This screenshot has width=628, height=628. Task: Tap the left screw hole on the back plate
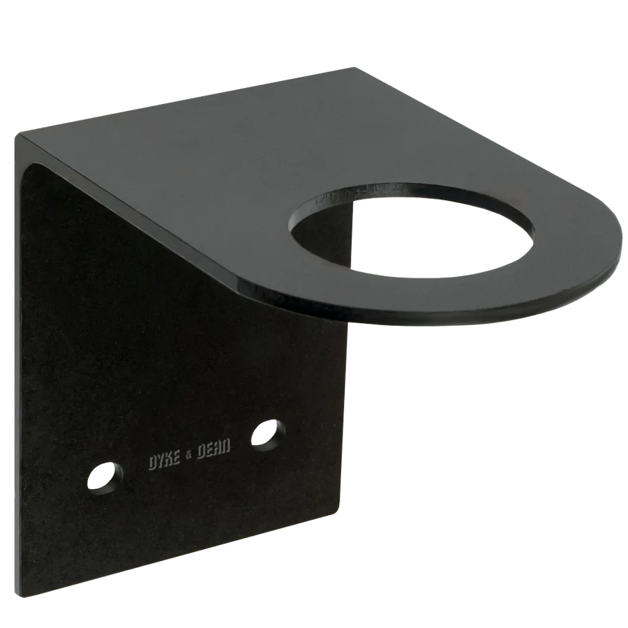tap(105, 477)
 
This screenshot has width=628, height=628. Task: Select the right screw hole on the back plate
tap(269, 433)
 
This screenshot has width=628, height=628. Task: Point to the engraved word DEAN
tap(212, 448)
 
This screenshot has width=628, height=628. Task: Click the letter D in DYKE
tap(153, 463)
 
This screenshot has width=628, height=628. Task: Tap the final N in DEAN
tap(226, 444)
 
